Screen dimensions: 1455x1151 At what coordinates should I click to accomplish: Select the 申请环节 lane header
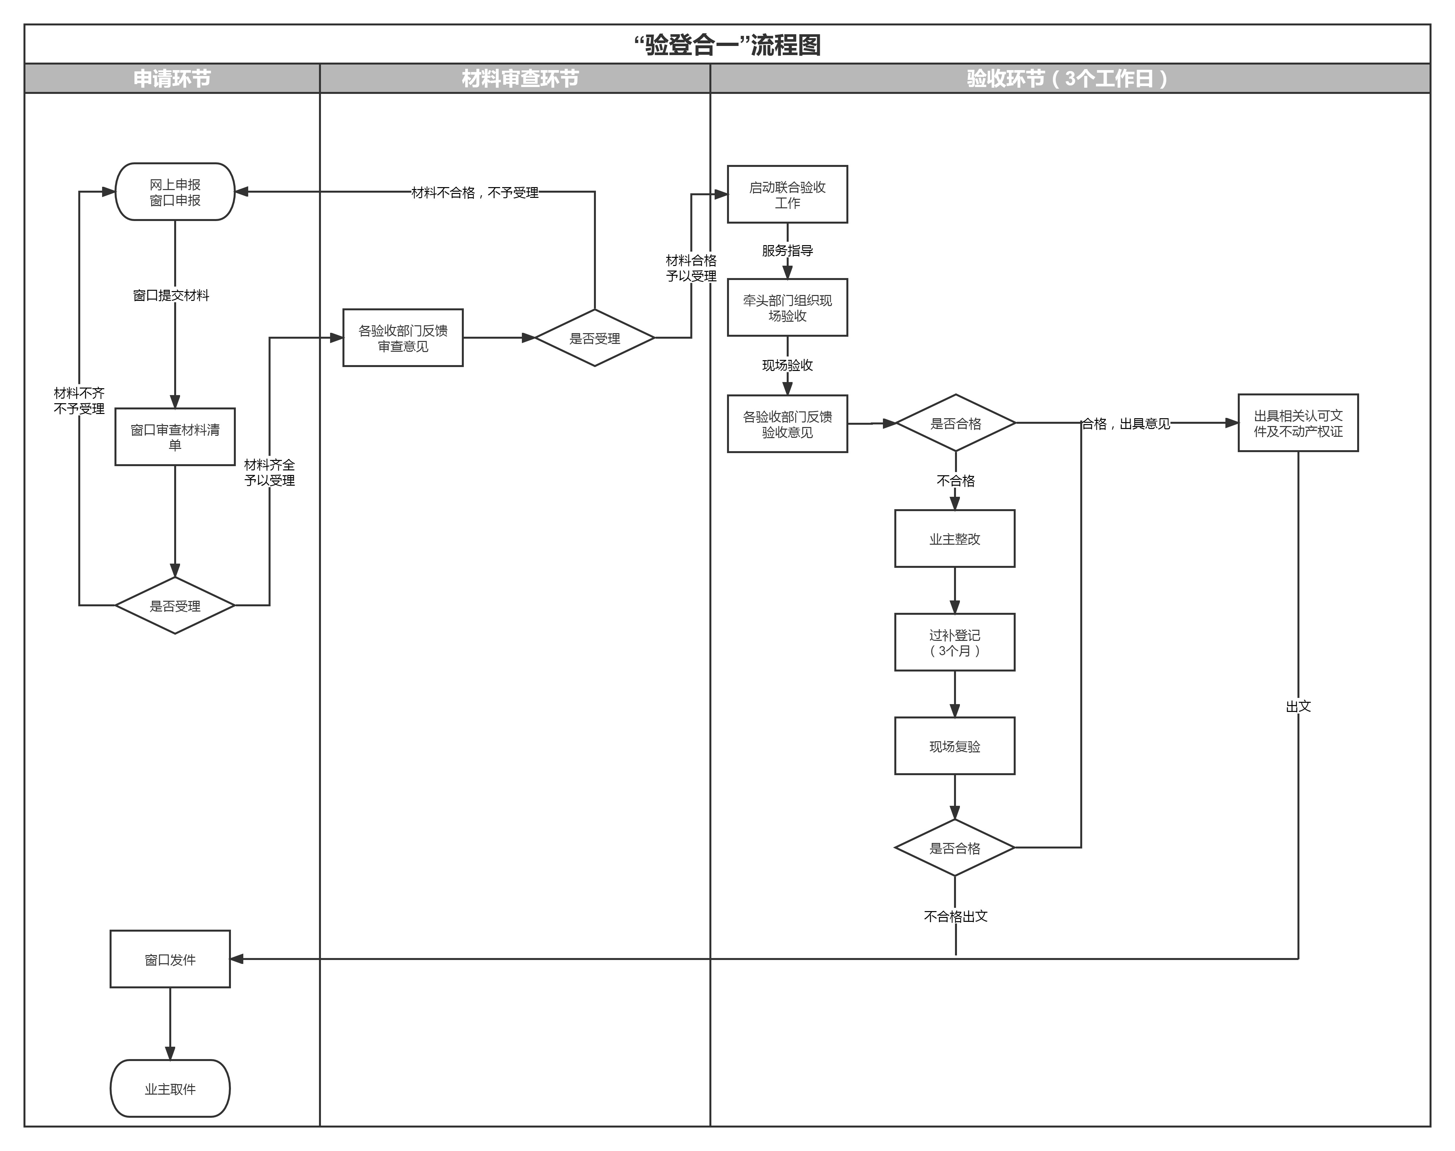[x=172, y=78]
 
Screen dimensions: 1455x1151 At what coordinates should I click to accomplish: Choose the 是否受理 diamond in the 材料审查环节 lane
[x=595, y=338]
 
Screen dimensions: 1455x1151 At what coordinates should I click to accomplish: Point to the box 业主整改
[x=955, y=539]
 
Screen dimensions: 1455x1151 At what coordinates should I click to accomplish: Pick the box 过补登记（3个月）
[x=955, y=642]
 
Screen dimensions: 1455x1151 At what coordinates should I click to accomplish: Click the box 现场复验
[x=955, y=746]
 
